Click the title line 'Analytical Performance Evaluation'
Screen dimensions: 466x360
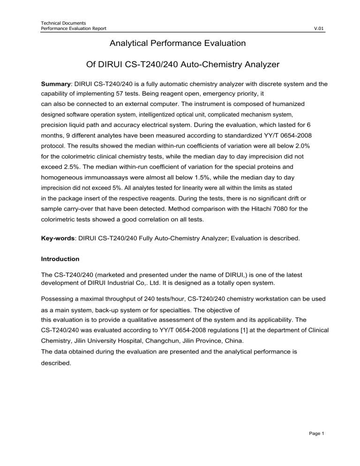click(177, 44)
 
